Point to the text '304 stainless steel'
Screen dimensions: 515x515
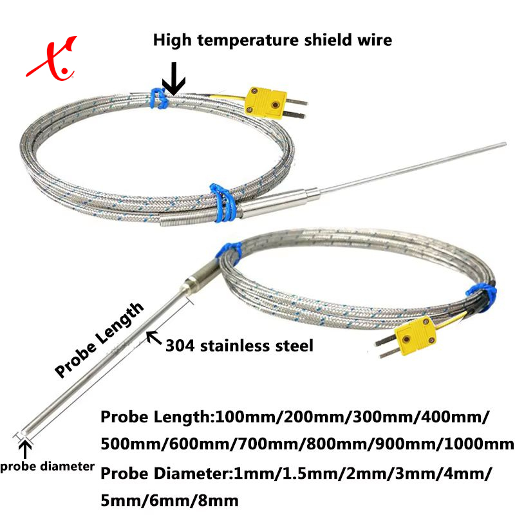pos(239,346)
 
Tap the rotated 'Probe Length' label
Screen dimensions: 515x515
pos(99,341)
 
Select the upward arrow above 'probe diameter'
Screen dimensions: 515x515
pos(26,448)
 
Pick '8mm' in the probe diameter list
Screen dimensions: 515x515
pos(218,500)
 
